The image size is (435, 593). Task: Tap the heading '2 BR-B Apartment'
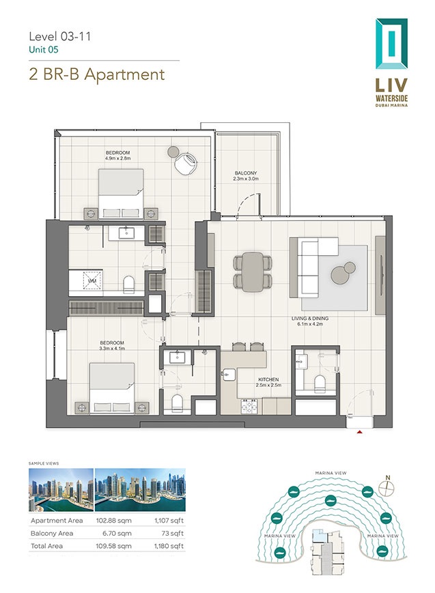tap(97, 74)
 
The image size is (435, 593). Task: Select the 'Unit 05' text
tap(43, 50)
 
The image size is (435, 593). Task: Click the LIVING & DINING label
tap(307, 319)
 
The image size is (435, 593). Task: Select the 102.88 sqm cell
tap(117, 521)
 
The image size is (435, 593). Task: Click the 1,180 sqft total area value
tap(167, 546)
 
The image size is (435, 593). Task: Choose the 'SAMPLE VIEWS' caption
tap(44, 463)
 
